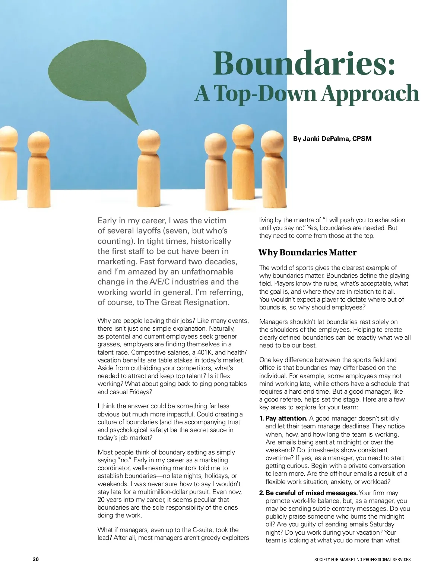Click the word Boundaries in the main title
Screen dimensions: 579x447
click(304, 63)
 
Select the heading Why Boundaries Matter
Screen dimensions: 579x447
click(307, 253)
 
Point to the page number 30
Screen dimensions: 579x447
click(36, 559)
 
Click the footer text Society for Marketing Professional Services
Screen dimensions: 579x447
click(362, 560)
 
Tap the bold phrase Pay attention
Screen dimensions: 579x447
click(286, 418)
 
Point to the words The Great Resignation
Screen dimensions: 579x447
click(187, 302)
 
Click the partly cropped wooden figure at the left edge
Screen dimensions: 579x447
click(7, 164)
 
